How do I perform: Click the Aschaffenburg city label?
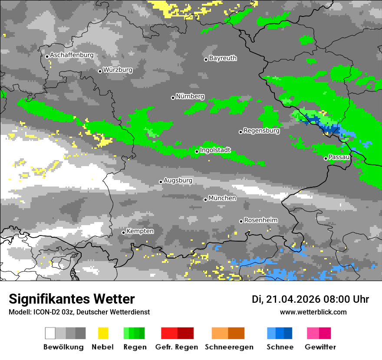coord(72,55)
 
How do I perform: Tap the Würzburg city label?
coord(118,70)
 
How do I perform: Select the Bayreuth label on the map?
coord(223,58)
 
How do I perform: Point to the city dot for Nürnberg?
coord(173,98)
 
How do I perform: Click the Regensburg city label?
coord(261,131)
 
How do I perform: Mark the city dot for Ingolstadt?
coord(197,151)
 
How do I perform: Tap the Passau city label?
coord(339,157)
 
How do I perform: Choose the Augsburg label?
coord(178,180)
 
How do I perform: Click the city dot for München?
coord(205,200)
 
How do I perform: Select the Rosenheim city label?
coord(260,220)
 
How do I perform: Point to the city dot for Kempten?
coord(123,232)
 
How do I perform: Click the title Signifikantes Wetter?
coord(72,299)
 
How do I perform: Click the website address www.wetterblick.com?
coord(313,312)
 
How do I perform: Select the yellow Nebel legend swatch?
coord(103,333)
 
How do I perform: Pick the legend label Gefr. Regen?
coord(177,347)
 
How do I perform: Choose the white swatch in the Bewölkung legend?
coord(50,333)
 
